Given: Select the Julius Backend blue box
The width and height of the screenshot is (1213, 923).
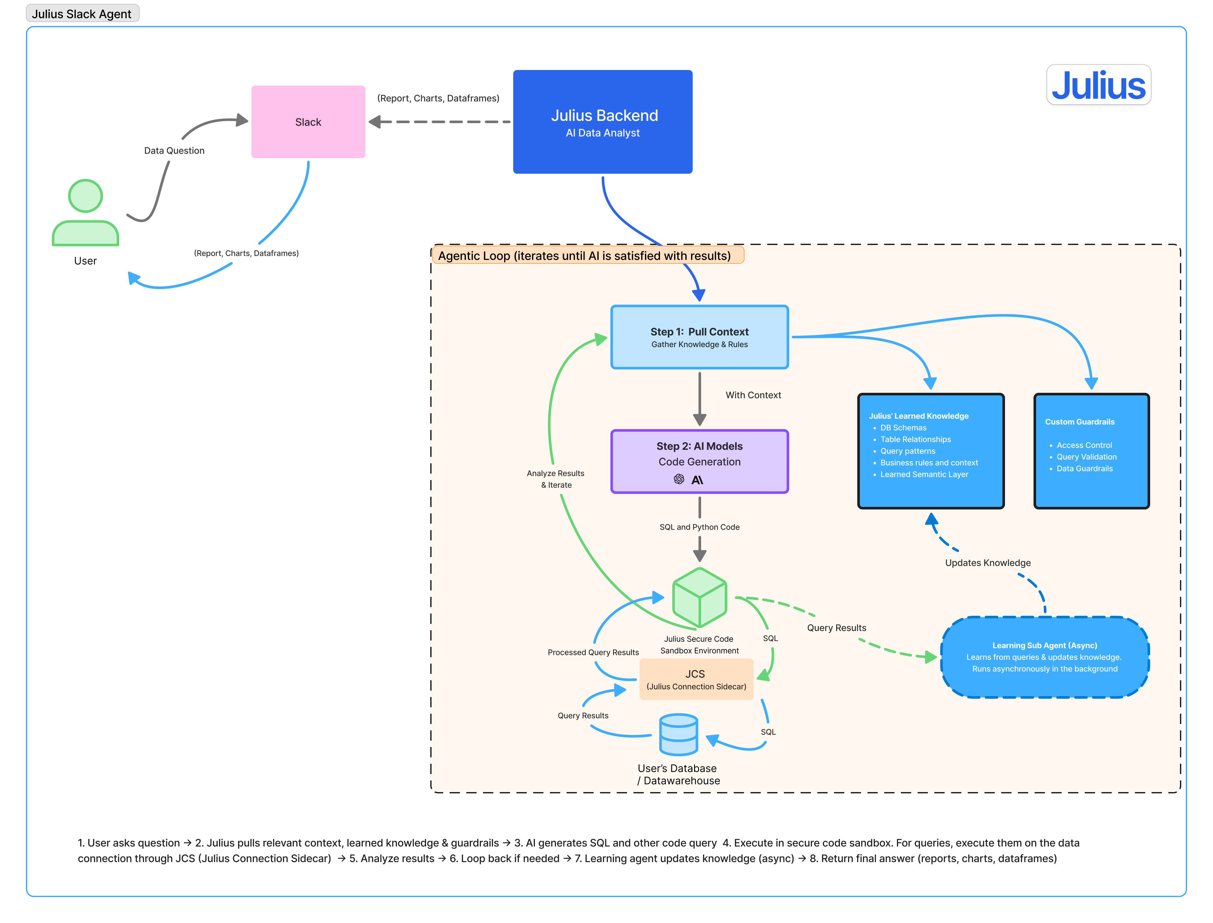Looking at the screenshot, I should tap(602, 122).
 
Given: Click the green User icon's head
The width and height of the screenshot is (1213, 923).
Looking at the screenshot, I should tap(85, 196).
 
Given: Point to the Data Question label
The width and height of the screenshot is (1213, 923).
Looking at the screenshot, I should tap(174, 150).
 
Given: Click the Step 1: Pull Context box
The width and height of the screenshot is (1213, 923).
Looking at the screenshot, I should tap(699, 337).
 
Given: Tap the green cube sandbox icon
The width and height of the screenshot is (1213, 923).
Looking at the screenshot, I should tap(699, 597).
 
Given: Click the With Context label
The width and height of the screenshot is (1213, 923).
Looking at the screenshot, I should tap(753, 395).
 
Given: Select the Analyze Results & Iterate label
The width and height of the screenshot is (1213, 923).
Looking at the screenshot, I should tap(555, 479).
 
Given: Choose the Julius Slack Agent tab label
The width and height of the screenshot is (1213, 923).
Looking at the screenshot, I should tap(82, 14).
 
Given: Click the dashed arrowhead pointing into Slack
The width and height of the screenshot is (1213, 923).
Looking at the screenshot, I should tap(375, 122).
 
